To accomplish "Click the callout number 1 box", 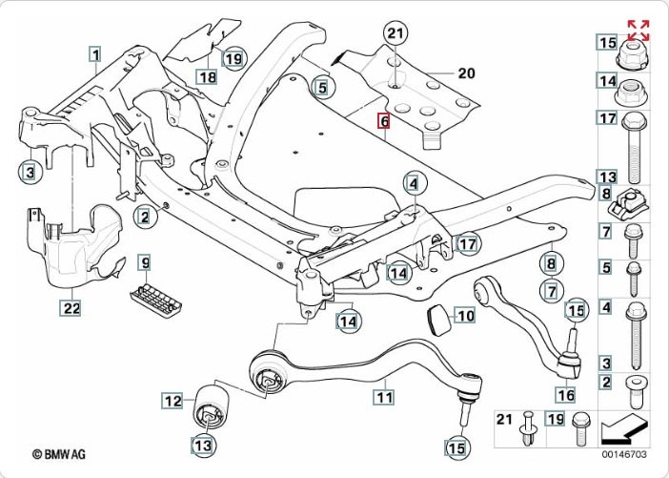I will pos(95,54).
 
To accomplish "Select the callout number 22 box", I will pos(71,307).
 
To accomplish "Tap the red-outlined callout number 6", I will pos(384,121).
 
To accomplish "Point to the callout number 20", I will pos(465,73).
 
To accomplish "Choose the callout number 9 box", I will pos(145,261).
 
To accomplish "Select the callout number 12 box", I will pos(172,402).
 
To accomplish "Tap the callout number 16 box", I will pos(565,394).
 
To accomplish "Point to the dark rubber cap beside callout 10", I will pos(437,318).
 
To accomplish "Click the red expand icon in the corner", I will pos(638,30).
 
